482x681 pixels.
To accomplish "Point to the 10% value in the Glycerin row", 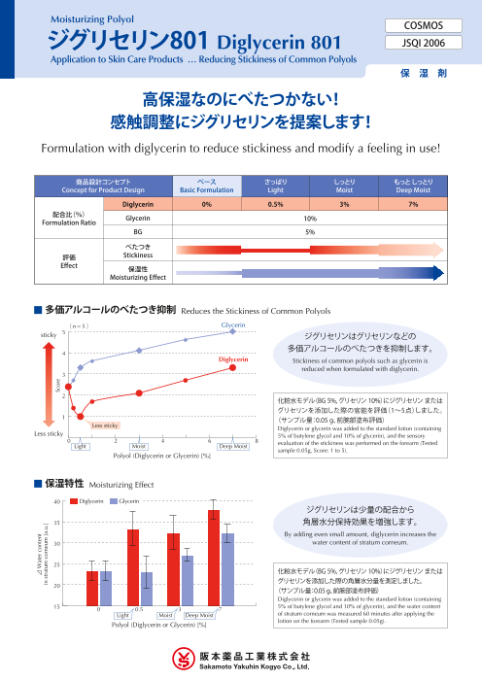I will tap(309, 220).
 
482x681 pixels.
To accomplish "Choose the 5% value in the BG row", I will tap(309, 233).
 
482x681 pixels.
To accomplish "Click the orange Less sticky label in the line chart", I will tap(105, 425).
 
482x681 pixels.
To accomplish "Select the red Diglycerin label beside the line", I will tap(234, 358).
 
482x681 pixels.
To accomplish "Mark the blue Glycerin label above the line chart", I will tap(233, 323).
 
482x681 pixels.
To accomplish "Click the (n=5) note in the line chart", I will tap(82, 327).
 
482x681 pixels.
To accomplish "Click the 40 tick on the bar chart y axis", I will tap(58, 501).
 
